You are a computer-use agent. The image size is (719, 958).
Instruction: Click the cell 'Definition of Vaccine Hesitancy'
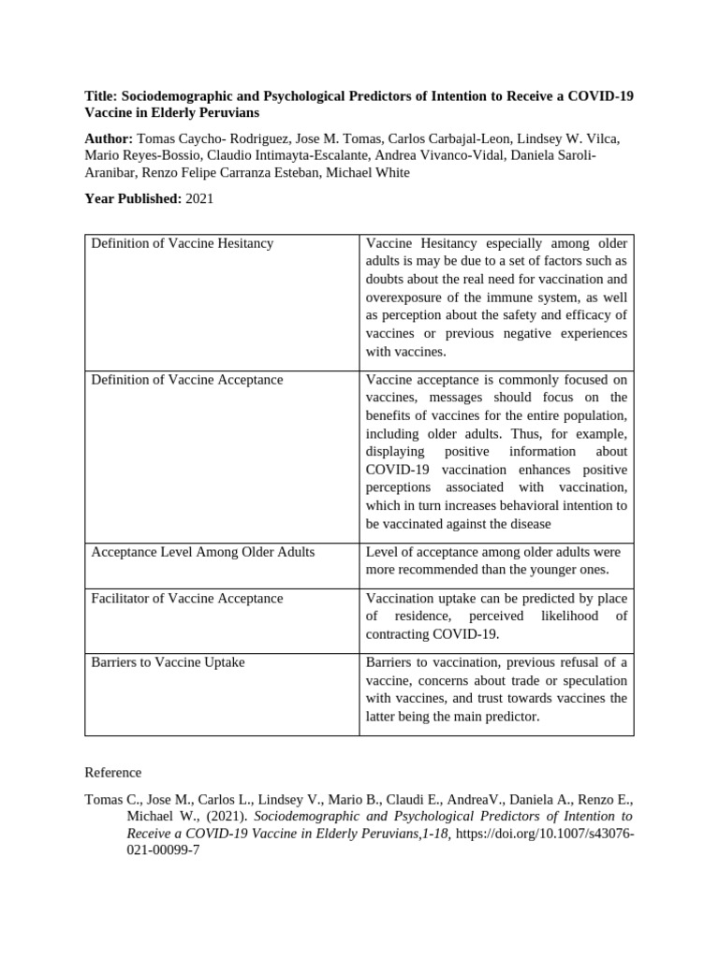183,243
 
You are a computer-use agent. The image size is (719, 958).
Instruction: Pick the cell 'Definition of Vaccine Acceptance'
187,380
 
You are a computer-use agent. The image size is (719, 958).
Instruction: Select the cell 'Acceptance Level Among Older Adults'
203,552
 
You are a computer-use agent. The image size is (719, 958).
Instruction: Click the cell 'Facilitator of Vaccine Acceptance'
187,599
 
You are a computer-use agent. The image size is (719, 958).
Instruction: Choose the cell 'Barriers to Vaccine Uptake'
169,662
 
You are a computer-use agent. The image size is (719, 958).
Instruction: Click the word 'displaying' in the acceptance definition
398,452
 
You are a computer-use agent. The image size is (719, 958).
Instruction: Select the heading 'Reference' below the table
113,773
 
